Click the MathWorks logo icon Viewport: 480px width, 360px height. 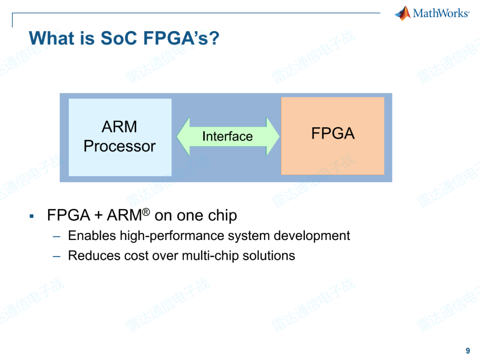403,13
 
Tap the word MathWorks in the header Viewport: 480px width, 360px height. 440,13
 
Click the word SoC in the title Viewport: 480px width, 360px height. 120,38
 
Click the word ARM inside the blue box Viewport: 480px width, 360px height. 120,127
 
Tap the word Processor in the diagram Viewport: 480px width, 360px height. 120,146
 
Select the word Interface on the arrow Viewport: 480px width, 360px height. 227,136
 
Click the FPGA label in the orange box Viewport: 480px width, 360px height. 332,133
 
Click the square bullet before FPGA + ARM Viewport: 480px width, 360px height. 32,216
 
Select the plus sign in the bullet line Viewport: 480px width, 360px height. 98,216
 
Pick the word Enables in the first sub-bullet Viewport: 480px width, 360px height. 92,236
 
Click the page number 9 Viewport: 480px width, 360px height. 468,351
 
